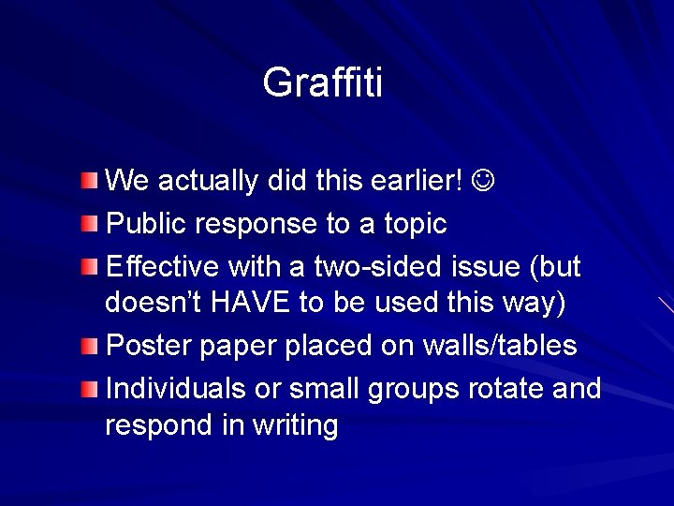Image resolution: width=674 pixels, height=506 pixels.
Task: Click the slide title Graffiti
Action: [x=323, y=82]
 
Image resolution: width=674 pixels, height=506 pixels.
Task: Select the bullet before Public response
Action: [x=87, y=223]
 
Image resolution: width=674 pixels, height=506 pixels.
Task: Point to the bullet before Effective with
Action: [x=87, y=266]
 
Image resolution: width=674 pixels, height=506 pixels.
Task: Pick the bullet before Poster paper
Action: [x=87, y=346]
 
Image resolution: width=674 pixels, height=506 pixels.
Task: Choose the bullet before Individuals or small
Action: [x=87, y=387]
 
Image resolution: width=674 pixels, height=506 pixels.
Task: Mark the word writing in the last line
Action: [x=295, y=426]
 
